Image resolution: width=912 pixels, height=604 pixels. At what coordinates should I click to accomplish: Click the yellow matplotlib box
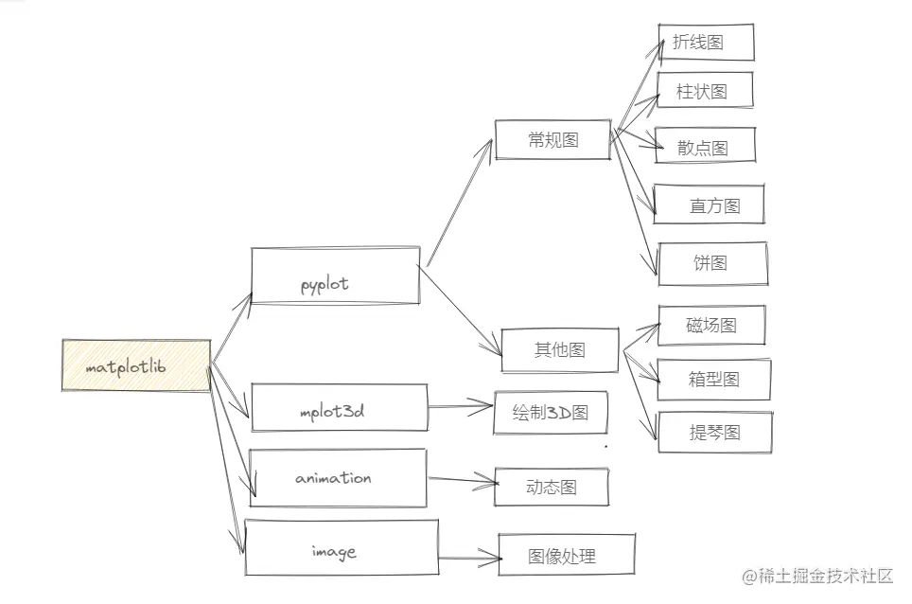[136, 365]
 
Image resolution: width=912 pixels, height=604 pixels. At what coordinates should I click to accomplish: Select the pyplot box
[335, 275]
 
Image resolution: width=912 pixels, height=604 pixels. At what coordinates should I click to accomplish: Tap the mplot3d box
[339, 407]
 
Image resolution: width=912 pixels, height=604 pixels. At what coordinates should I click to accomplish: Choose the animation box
[338, 478]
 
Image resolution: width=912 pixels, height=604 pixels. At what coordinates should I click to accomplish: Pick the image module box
[342, 547]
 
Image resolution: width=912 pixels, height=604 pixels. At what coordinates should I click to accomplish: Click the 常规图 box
[552, 140]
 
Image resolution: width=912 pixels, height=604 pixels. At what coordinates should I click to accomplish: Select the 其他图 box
[559, 349]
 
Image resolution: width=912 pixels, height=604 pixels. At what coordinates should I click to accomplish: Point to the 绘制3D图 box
[551, 413]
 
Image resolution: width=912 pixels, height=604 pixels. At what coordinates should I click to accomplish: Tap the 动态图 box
[552, 487]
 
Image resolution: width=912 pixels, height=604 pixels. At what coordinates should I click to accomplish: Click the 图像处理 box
[567, 555]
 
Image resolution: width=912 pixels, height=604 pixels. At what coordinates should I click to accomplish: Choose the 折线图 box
[706, 42]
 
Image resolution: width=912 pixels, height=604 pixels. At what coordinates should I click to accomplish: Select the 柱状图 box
[705, 90]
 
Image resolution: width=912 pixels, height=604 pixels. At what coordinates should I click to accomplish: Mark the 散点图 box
[705, 145]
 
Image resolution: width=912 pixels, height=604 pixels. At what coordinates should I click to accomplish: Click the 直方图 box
[709, 204]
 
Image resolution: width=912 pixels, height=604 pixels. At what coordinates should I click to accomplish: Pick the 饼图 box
[712, 263]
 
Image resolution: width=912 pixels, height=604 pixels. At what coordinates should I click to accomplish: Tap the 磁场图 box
[711, 325]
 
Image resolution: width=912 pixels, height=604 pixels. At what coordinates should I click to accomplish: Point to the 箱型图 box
[714, 380]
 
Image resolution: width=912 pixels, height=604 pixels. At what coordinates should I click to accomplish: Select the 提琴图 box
[715, 433]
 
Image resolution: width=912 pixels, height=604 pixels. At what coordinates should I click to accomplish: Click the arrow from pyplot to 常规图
[460, 203]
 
